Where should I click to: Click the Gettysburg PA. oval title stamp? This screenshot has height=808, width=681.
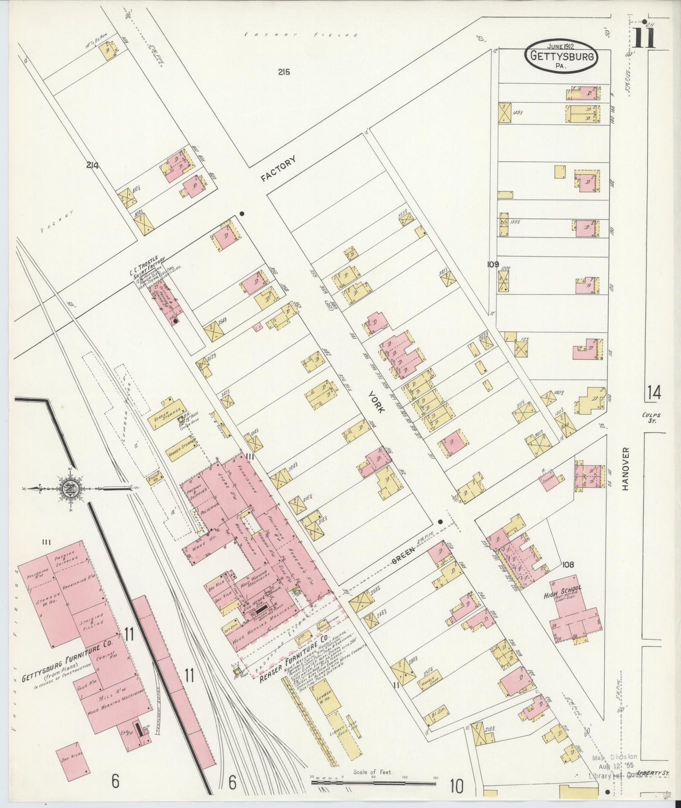click(561, 56)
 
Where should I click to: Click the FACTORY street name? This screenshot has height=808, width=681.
click(279, 169)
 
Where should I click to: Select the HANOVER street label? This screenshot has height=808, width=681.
click(626, 469)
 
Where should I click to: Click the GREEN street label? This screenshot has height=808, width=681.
click(404, 556)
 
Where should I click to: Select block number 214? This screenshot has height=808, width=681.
click(92, 165)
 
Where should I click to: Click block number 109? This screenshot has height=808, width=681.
click(493, 264)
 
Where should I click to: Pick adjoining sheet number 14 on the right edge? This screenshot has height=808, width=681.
click(654, 392)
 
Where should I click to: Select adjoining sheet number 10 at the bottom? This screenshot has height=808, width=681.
click(456, 786)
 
